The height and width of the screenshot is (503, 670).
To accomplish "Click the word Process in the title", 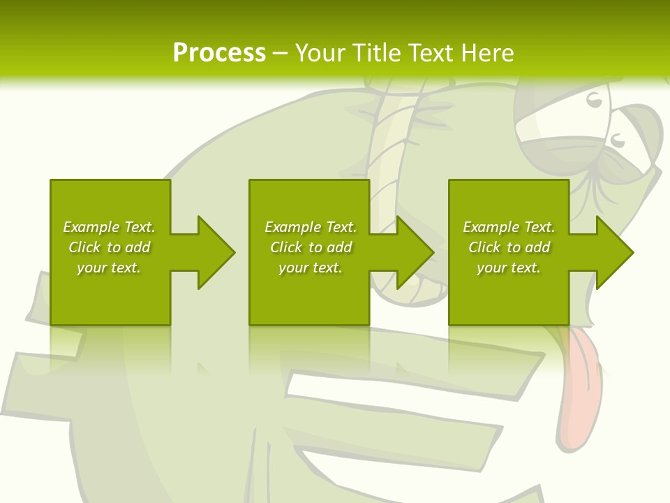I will click(x=219, y=53).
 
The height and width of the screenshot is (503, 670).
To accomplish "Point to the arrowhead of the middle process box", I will click(x=415, y=252).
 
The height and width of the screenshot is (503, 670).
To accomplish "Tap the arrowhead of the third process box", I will click(x=614, y=252).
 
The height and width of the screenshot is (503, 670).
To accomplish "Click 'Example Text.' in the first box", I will click(x=109, y=227).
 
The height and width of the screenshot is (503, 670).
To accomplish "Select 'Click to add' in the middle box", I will click(x=311, y=247).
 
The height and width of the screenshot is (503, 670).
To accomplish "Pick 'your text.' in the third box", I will click(x=509, y=268).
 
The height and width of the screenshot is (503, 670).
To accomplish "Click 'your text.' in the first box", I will click(x=109, y=268).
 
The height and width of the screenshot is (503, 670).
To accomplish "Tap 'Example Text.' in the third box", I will click(x=509, y=227).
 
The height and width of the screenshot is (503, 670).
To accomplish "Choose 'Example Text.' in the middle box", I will click(x=311, y=227).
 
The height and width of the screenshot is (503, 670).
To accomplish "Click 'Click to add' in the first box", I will click(x=109, y=247).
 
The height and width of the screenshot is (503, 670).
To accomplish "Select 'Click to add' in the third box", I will click(x=509, y=247).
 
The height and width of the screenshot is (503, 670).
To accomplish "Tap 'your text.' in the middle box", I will click(x=311, y=268).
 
